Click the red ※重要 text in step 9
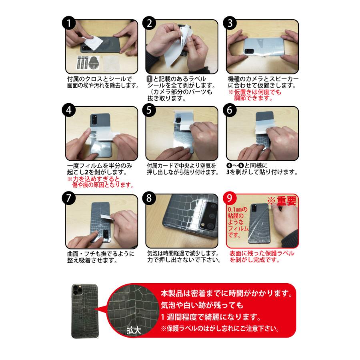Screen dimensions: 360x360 point(282,200)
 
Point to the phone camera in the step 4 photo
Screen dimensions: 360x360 point(94,120)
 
